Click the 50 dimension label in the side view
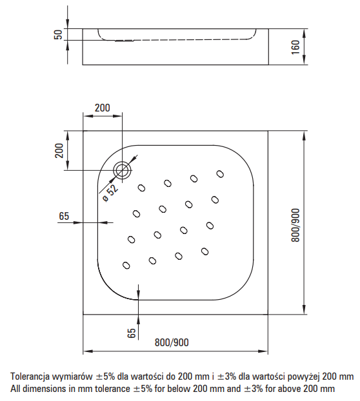pyautogui.click(x=57, y=34)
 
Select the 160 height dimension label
pyautogui.click(x=296, y=46)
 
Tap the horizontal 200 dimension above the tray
pyautogui.click(x=101, y=108)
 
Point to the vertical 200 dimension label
pyautogui.click(x=58, y=151)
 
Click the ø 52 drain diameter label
pyautogui.click(x=110, y=191)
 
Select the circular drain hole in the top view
pyautogui.click(x=122, y=170)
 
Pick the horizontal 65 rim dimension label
pyautogui.click(x=63, y=216)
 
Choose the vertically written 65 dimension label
pyautogui.click(x=131, y=333)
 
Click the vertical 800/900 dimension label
pyautogui.click(x=296, y=225)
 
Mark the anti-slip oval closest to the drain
pyautogui.click(x=143, y=188)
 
